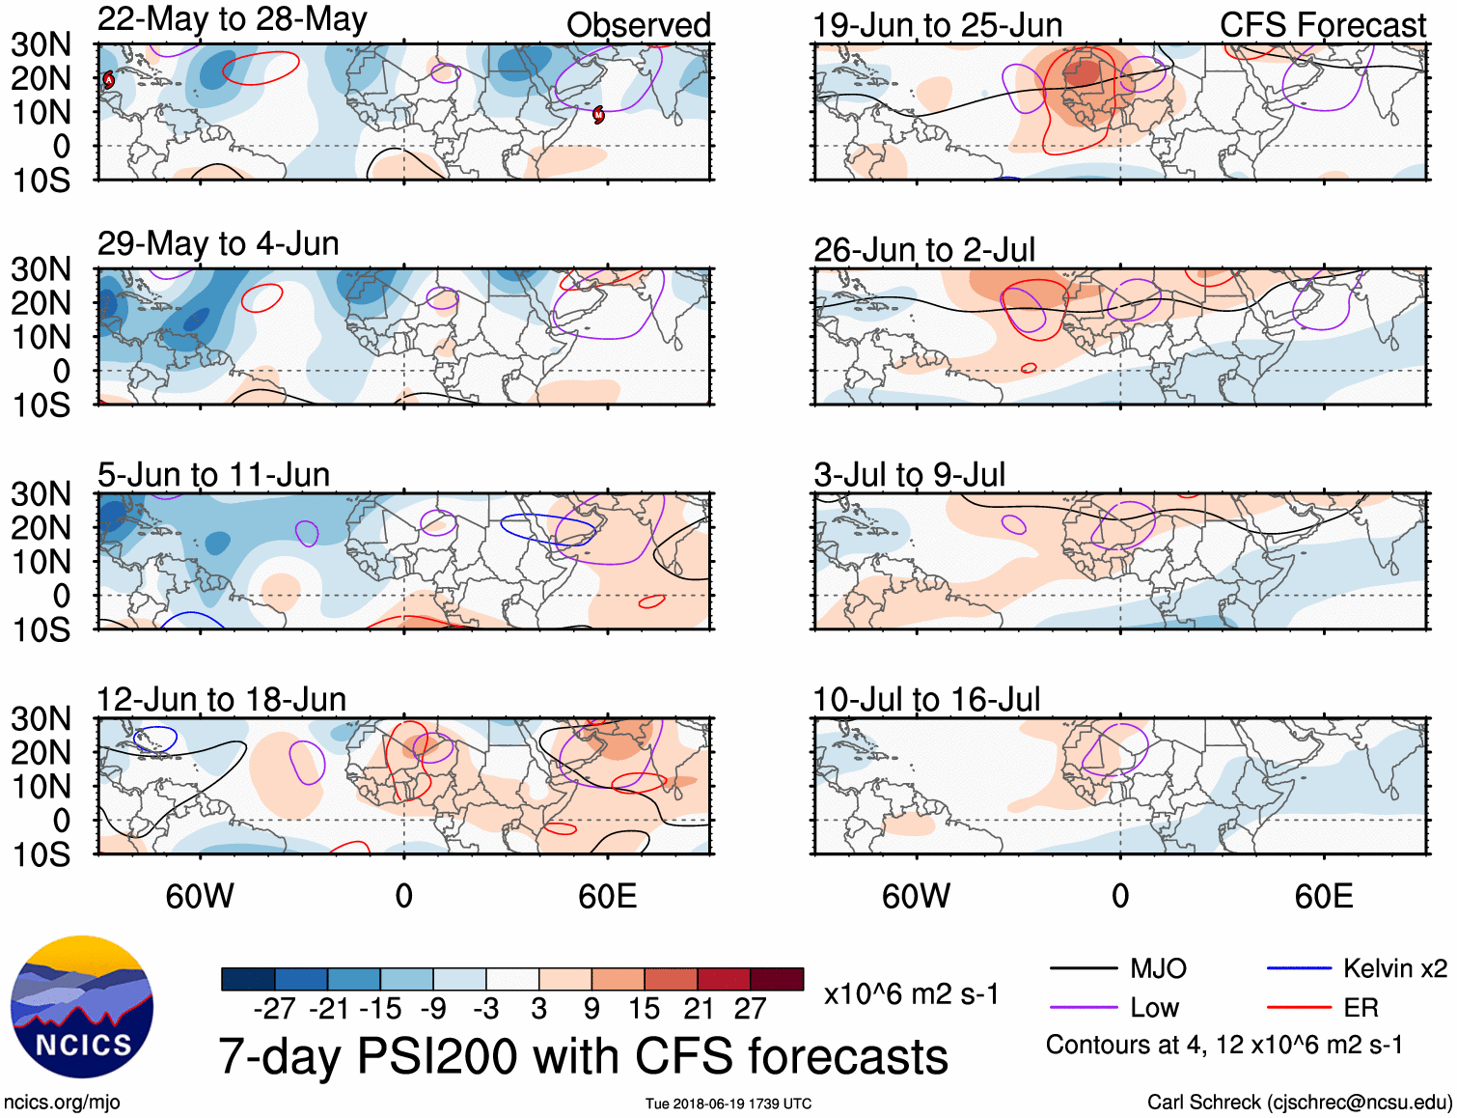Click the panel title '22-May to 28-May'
[232, 19]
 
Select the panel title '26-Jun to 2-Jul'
[923, 250]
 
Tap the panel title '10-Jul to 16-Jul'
[926, 699]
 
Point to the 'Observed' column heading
[638, 25]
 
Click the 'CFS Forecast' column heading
[1322, 25]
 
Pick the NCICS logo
[82, 1007]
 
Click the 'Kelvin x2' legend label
[1394, 968]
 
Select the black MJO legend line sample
[1083, 968]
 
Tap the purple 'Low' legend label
[1154, 1008]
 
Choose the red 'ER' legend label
[1361, 1008]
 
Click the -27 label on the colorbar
[274, 1009]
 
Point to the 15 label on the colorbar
[644, 1009]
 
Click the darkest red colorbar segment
[777, 979]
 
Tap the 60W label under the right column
[916, 896]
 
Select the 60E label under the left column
[607, 896]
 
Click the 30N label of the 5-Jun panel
[41, 494]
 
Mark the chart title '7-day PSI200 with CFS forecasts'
[583, 1056]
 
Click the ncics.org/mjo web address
[62, 1103]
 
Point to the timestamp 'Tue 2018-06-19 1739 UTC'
[728, 1104]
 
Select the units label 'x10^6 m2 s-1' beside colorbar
[911, 993]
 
